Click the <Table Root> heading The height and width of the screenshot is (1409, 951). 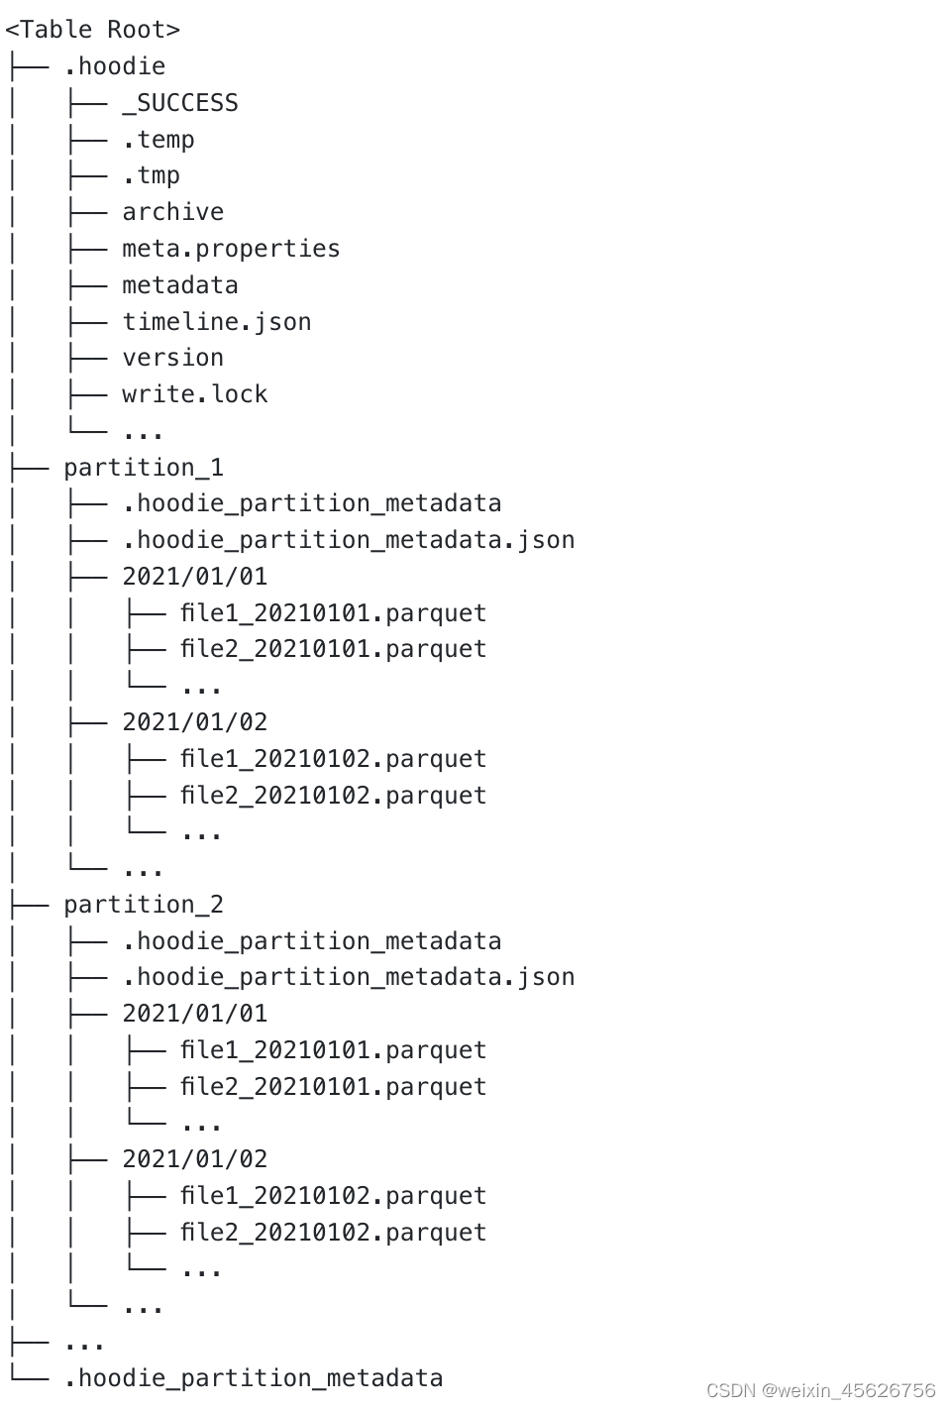coord(92,30)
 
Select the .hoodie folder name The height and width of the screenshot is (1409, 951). coord(114,66)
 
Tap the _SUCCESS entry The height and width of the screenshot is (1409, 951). coord(180,103)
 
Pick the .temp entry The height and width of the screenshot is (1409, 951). coord(158,140)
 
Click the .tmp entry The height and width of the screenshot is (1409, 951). coord(151,175)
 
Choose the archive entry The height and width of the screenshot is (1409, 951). coord(172,212)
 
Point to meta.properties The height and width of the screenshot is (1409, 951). coord(231,249)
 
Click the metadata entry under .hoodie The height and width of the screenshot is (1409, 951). coord(180,285)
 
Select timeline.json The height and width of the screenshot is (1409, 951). coord(216,322)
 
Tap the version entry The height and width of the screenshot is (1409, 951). coord(172,358)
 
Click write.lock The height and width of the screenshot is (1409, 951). coord(194,394)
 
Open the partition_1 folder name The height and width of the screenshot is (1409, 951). coord(144,467)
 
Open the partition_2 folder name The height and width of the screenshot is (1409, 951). coord(144,905)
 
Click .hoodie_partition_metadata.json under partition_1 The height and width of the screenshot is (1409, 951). coord(348,540)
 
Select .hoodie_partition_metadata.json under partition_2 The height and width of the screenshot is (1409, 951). coord(348,977)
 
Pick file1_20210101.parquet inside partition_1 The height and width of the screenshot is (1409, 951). coord(333,613)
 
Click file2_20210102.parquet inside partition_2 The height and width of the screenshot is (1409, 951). coord(333,1233)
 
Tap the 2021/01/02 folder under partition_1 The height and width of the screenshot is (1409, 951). coord(194,722)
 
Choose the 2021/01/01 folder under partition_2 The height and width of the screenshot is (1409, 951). coord(194,1014)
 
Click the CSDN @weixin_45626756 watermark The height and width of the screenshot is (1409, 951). coord(821,1390)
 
